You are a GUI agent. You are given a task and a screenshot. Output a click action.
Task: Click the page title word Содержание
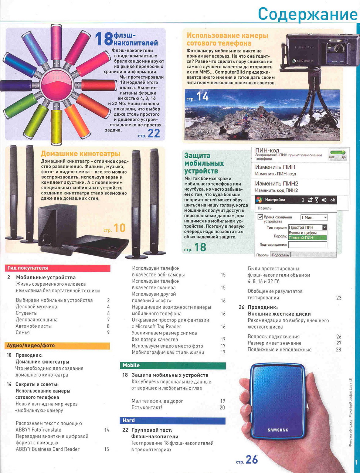[308, 14]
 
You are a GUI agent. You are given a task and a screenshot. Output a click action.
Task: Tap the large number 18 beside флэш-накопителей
[103, 39]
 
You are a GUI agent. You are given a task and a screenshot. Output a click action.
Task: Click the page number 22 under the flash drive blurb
[154, 133]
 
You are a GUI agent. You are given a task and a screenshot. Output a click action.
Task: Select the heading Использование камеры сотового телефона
[227, 39]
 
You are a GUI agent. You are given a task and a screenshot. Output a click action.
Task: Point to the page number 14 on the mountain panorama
[203, 97]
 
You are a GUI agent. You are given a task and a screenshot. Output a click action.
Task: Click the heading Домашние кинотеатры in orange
[81, 154]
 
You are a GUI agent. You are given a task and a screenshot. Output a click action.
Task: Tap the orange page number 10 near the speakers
[119, 228]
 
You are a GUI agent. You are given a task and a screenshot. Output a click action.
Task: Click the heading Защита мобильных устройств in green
[204, 163]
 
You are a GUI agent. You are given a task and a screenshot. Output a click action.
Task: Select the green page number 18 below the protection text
[200, 247]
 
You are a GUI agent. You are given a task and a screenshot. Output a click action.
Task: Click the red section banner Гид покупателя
[57, 268]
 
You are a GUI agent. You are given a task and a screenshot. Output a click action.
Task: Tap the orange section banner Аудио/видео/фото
[57, 346]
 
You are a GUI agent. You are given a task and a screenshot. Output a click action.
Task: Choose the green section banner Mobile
[173, 365]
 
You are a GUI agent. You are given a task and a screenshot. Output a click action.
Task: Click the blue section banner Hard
[173, 421]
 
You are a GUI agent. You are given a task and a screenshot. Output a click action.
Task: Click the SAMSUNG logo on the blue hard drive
[278, 430]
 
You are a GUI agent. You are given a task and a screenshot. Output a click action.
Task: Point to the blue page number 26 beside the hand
[252, 459]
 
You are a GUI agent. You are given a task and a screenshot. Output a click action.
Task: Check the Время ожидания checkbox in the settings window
[260, 217]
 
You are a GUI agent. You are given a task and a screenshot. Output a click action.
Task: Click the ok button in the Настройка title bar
[333, 200]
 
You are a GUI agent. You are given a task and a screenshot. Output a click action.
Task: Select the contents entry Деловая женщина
[37, 320]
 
